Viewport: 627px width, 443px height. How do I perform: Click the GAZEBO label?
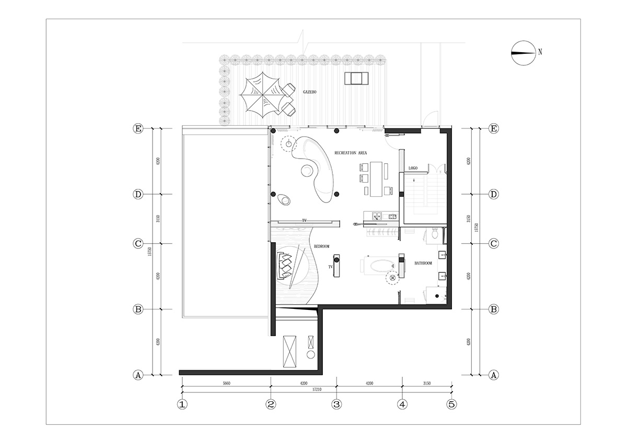(309, 92)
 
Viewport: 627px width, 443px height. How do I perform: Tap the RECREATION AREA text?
(351, 153)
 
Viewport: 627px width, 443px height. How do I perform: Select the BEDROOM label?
(322, 246)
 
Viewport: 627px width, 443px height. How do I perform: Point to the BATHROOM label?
(423, 263)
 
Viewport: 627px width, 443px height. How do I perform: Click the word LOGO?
(413, 168)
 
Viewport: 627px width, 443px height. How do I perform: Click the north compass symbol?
(523, 53)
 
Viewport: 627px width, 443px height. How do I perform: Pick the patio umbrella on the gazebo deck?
(262, 95)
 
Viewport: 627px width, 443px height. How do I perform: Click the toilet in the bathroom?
(435, 233)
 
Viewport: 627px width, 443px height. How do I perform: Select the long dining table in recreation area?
(376, 179)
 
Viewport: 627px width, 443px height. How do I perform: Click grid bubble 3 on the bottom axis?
(336, 404)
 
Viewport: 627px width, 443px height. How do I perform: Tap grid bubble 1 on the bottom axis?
(182, 404)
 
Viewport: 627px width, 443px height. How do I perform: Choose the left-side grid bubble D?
(138, 194)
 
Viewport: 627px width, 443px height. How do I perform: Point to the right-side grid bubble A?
(493, 375)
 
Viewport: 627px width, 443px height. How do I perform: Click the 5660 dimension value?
(226, 383)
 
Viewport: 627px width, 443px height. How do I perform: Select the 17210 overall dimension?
(317, 389)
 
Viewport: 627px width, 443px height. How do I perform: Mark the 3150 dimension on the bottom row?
(426, 383)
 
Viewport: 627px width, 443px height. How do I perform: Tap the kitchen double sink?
(377, 216)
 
